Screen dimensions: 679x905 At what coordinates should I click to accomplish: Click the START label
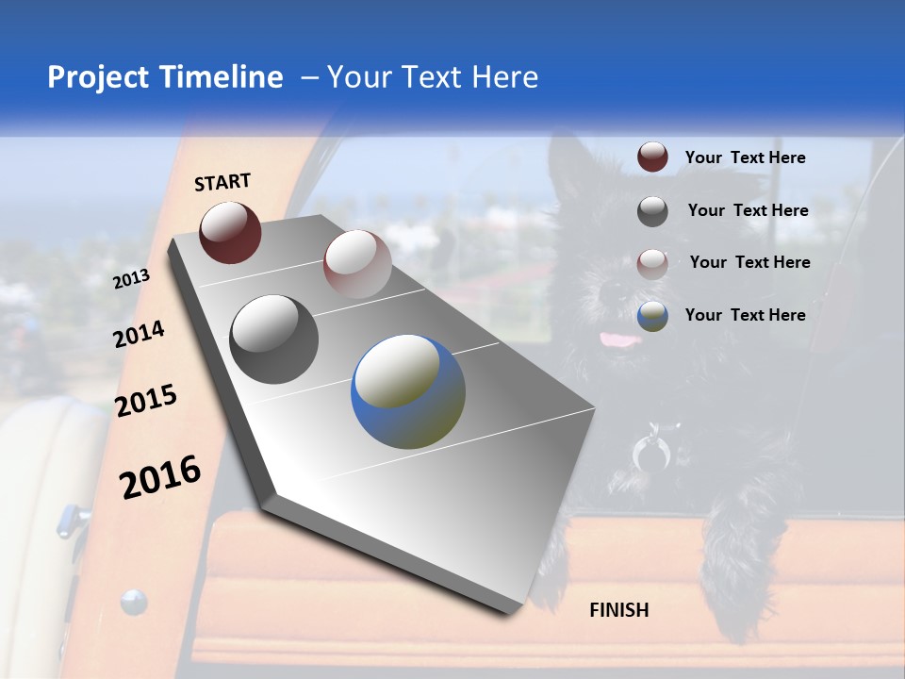(222, 182)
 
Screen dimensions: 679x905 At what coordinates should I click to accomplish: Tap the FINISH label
(618, 610)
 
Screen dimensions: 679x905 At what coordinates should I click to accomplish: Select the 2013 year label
(131, 279)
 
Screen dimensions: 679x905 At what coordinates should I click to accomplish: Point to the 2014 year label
(139, 335)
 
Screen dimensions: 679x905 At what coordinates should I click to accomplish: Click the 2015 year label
(146, 402)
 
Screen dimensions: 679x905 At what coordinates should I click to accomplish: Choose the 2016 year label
(160, 477)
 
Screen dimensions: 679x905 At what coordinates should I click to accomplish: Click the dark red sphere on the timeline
(230, 232)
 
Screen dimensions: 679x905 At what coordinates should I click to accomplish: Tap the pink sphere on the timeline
(356, 264)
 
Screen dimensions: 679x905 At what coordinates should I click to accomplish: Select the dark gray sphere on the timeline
(274, 339)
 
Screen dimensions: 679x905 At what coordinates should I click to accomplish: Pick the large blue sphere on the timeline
(408, 391)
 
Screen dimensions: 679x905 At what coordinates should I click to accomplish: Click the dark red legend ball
(652, 157)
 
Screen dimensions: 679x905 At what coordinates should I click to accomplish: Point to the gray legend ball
(652, 211)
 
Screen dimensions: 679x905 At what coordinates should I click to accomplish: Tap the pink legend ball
(652, 263)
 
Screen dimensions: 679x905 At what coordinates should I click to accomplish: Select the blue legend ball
(652, 316)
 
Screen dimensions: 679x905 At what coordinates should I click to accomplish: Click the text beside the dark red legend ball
(745, 157)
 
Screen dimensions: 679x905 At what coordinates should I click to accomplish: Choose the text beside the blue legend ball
(745, 315)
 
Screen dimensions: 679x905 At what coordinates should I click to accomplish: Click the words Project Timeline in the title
(165, 77)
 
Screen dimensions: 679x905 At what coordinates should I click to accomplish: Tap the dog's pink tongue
(617, 339)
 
